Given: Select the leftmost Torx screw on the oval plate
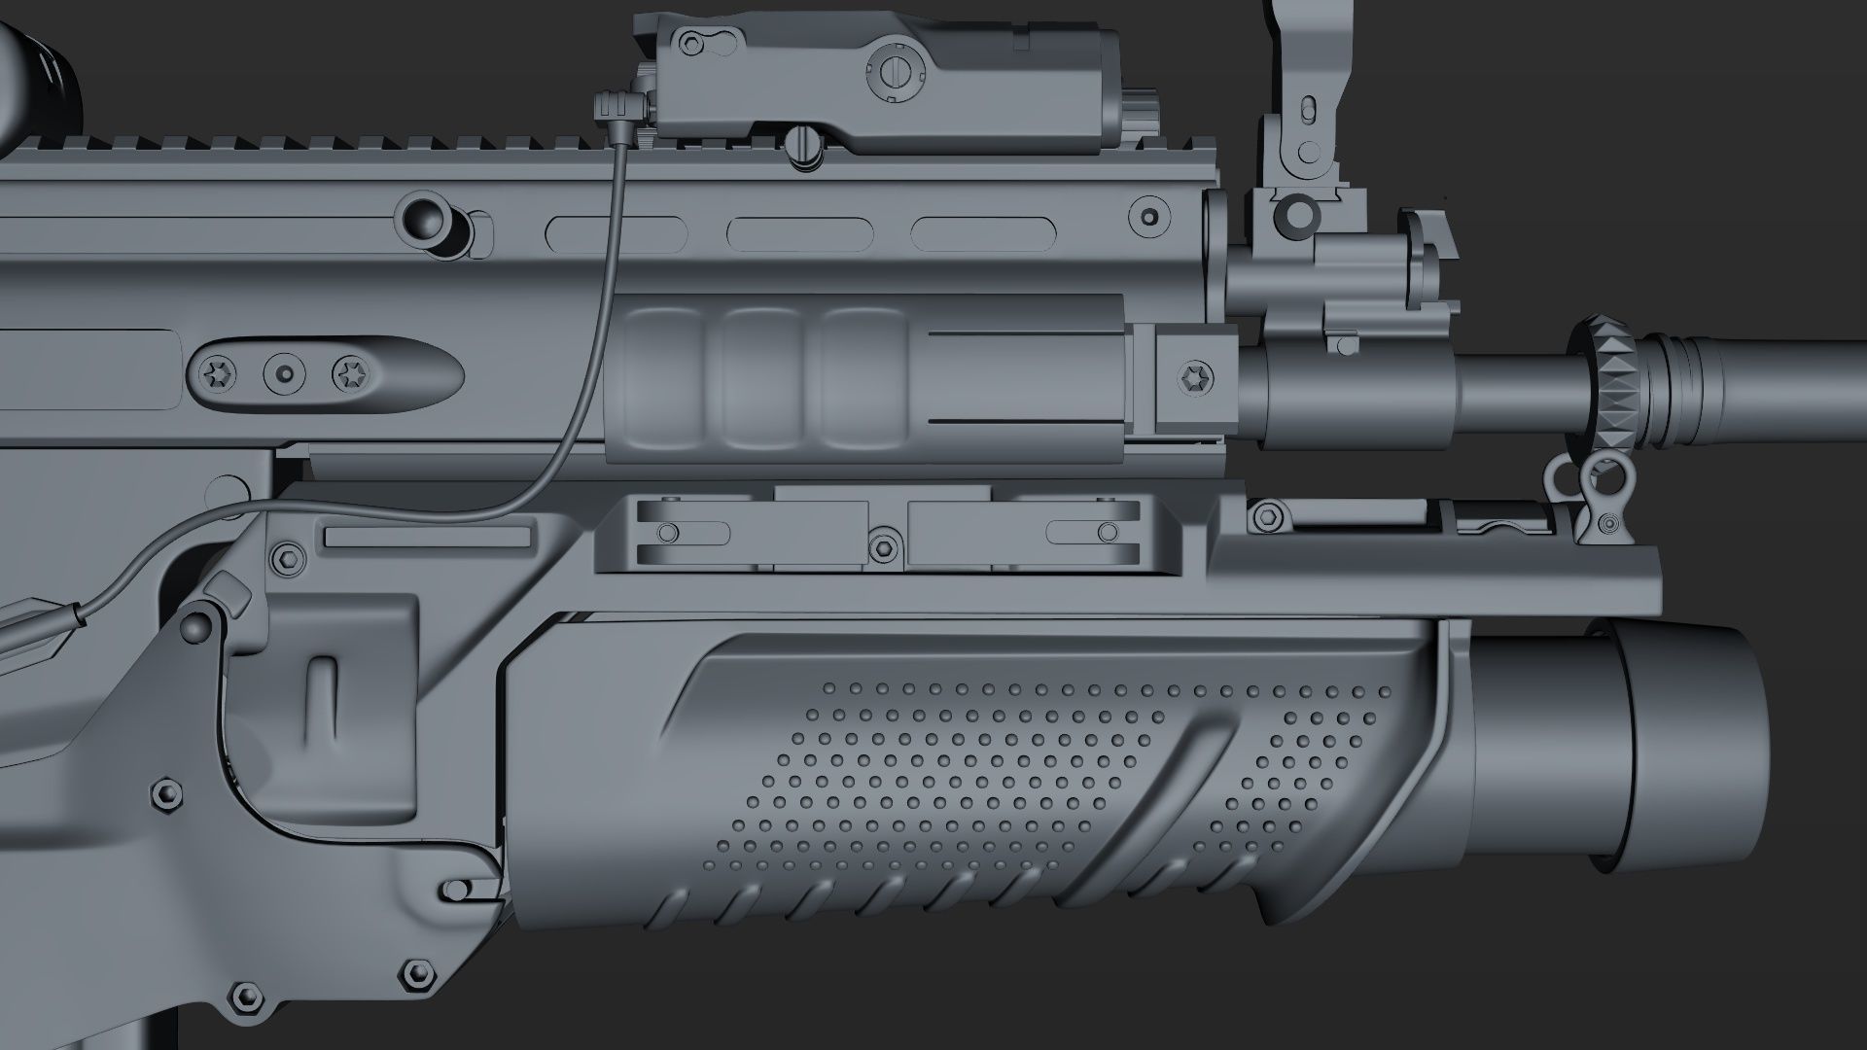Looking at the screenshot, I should click(x=214, y=372).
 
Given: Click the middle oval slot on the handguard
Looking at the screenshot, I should click(x=797, y=232).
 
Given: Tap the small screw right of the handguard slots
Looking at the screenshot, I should click(x=1148, y=215).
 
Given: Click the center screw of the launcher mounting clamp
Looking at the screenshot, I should click(x=883, y=546).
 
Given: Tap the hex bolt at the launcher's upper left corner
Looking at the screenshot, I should click(x=288, y=557).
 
